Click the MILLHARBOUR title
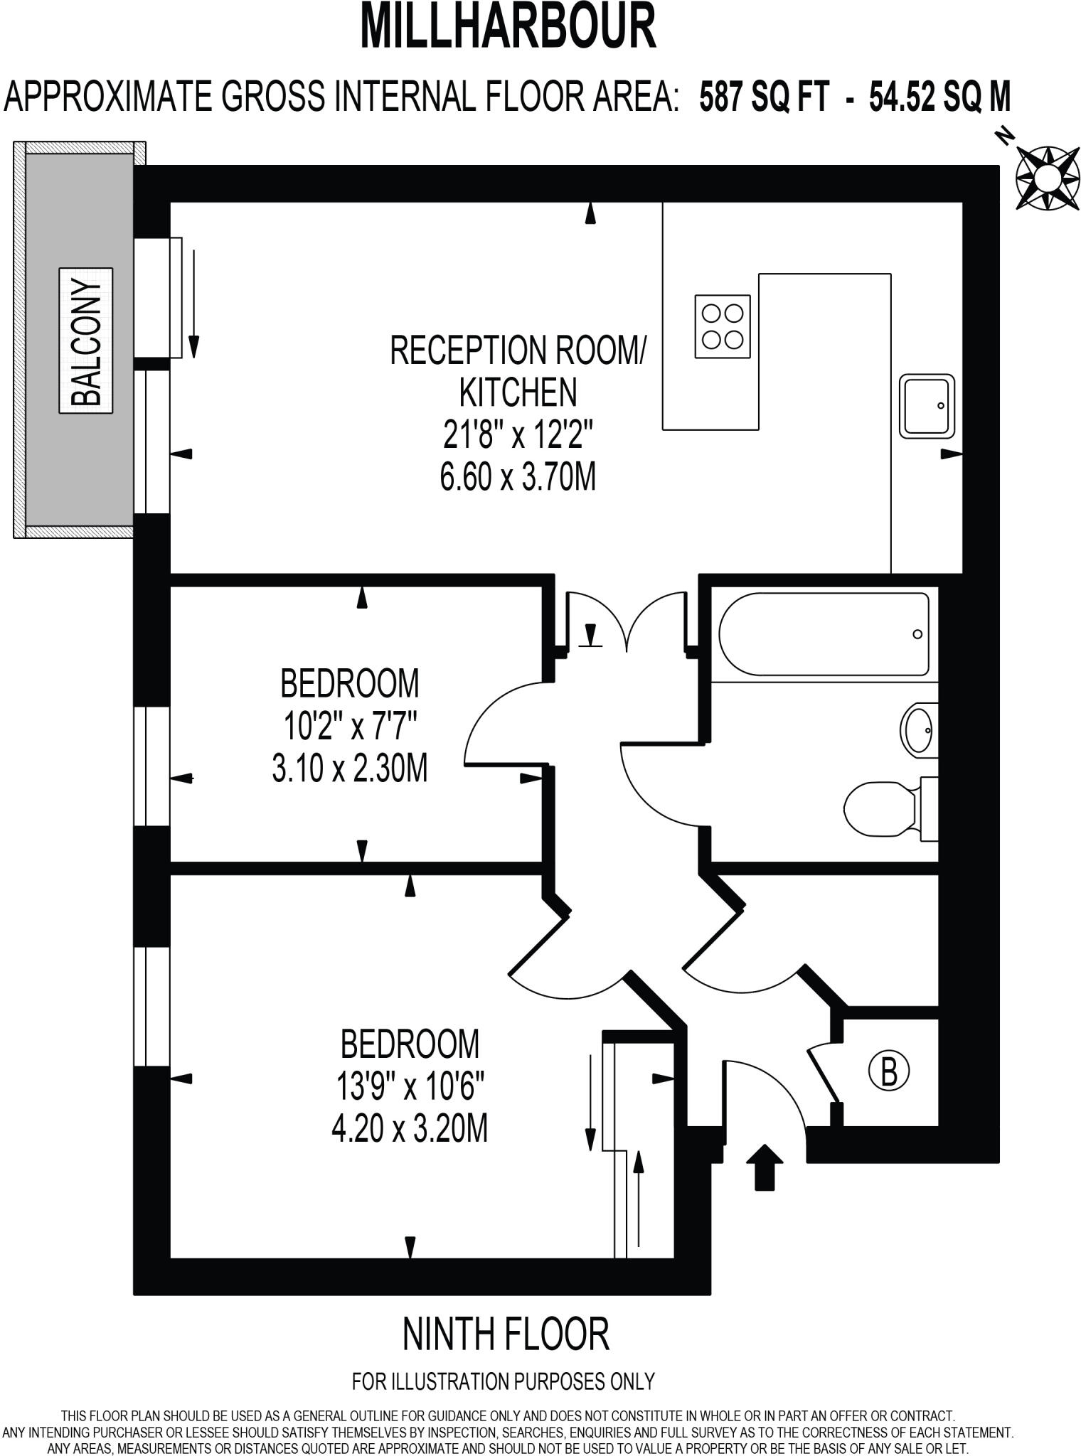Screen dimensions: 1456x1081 (508, 26)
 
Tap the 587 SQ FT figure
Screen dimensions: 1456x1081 (764, 96)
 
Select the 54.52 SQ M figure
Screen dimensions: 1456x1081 (939, 96)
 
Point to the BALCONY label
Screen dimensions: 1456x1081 (86, 341)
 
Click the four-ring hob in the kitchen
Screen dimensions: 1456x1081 (723, 326)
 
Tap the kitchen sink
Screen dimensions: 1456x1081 (927, 406)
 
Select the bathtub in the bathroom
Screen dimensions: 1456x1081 (824, 633)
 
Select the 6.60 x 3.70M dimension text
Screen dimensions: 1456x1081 (517, 476)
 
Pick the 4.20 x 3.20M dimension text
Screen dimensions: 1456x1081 (410, 1128)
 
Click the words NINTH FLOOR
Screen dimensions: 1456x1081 (506, 1334)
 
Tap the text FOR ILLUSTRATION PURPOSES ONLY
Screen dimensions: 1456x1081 (503, 1381)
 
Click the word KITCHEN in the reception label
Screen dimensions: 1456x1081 (518, 392)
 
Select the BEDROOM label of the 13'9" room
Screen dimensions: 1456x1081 (410, 1044)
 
